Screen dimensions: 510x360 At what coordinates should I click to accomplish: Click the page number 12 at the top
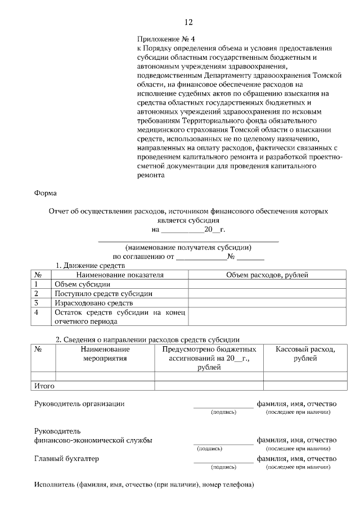coord(188,23)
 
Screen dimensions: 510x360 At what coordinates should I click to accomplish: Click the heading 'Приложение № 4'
coord(165,39)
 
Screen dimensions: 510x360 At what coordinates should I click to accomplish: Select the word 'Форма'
coord(45,193)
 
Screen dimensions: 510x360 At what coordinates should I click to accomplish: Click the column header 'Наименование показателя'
coord(120,275)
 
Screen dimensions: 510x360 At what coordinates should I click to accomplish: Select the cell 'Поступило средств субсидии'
coord(103,293)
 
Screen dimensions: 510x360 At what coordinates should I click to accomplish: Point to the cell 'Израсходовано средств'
coord(93,303)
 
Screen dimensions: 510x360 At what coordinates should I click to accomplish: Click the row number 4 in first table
coord(36,312)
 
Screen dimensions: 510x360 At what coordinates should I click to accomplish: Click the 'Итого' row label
coord(44,386)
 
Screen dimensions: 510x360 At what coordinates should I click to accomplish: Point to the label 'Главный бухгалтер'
coord(66,458)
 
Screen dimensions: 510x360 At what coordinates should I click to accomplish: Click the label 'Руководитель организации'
coord(79,404)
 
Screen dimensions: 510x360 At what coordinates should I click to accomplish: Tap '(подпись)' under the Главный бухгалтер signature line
coord(223,467)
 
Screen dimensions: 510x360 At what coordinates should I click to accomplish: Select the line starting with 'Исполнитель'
coord(144,485)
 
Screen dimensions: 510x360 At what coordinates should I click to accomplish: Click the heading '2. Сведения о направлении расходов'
coord(147,339)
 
